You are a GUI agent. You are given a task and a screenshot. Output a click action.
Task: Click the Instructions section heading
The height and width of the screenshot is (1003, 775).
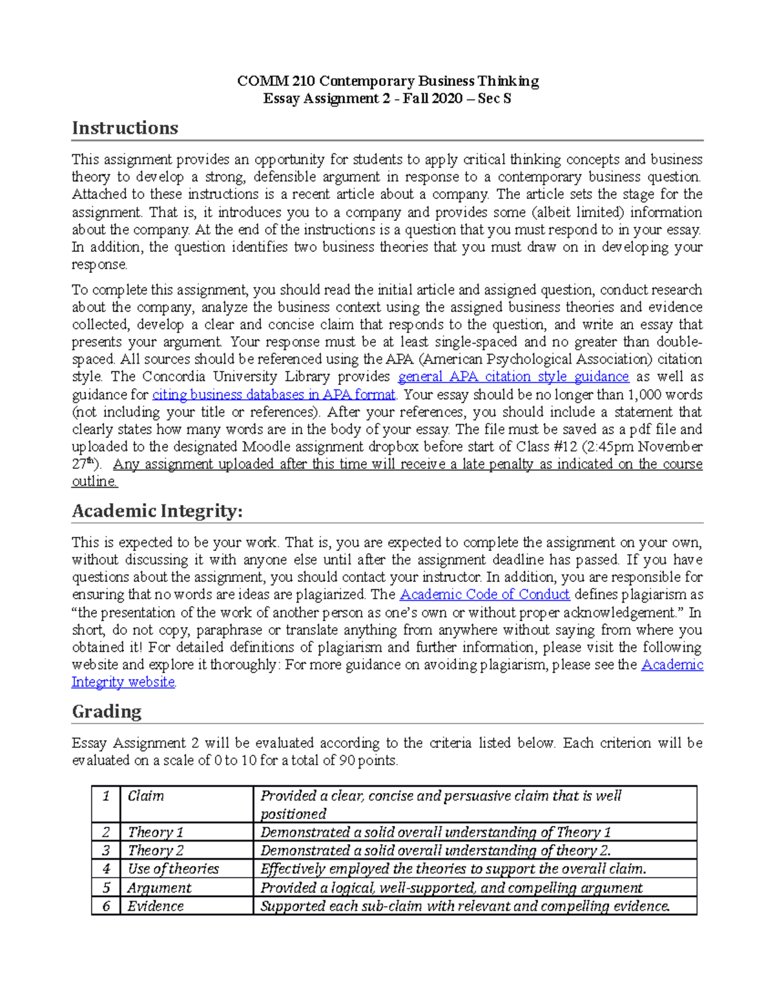click(x=125, y=128)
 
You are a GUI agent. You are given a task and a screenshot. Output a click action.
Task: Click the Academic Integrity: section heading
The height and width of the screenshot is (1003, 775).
click(x=157, y=511)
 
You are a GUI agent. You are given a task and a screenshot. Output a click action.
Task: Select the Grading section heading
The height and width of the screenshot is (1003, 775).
click(x=107, y=711)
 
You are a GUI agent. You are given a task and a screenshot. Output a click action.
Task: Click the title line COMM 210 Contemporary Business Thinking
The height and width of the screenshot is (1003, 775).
click(x=387, y=81)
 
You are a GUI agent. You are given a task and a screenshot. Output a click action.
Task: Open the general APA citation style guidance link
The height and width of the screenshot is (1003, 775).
click(x=513, y=377)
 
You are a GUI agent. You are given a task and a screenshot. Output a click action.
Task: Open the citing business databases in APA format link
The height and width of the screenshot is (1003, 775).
click(x=273, y=394)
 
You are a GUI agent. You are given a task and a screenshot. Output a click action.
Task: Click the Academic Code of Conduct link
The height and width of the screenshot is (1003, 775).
click(x=485, y=594)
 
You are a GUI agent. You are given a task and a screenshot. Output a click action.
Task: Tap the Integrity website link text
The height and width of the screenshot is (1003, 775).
click(x=123, y=682)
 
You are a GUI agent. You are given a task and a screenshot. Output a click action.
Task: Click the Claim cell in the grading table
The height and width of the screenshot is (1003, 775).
click(x=146, y=796)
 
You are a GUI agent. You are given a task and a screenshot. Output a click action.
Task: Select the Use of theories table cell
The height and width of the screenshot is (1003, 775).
click(x=173, y=869)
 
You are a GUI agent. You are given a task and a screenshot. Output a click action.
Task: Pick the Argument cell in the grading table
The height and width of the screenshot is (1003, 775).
click(x=160, y=887)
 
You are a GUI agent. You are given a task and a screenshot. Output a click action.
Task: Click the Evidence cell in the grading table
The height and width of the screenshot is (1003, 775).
click(x=156, y=906)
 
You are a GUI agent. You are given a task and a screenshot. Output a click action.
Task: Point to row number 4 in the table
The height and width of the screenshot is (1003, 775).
click(x=106, y=869)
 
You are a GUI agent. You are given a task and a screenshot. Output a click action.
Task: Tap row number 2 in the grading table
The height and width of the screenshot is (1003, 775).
click(x=106, y=832)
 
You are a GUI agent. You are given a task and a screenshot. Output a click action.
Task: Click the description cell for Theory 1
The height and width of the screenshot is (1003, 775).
click(x=436, y=832)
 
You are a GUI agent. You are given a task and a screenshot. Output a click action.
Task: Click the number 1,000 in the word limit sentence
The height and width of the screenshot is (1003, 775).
click(x=646, y=394)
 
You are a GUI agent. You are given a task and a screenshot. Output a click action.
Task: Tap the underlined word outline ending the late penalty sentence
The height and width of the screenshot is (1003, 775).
click(x=94, y=481)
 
